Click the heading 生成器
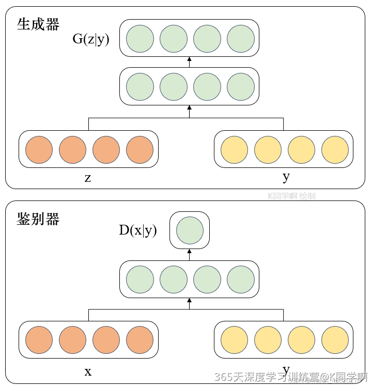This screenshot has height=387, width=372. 38,24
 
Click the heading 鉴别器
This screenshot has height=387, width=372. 38,219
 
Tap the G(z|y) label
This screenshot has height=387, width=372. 91,39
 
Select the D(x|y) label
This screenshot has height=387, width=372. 138,230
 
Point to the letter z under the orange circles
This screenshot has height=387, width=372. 88,178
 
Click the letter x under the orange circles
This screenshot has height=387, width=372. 88,371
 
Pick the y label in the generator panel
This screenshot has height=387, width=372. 286,177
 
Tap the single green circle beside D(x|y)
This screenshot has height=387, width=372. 190,230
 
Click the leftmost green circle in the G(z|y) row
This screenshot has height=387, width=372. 140,38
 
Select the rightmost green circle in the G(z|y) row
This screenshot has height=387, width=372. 241,38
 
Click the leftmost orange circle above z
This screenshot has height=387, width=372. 39,149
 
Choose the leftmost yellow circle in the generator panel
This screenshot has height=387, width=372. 234,149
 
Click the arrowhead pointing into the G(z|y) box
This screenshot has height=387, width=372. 189,59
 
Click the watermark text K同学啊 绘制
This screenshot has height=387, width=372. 291,196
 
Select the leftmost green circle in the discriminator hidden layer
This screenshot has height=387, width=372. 140,280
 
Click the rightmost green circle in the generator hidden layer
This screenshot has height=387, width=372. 241,86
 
